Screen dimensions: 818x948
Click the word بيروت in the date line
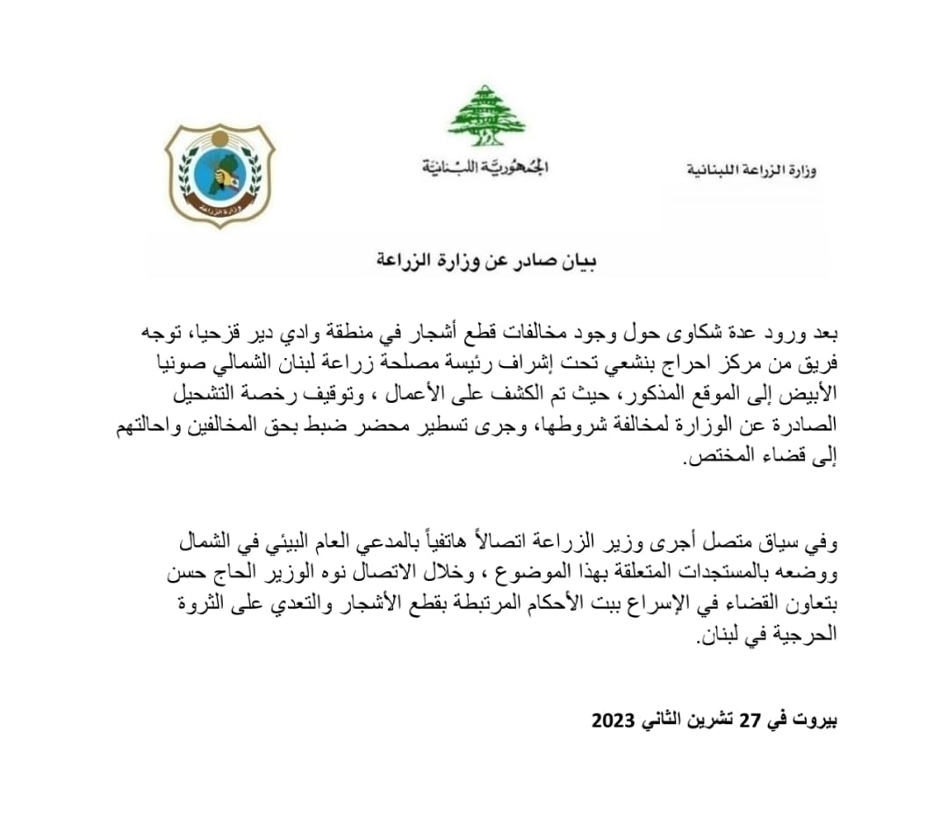point(815,721)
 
